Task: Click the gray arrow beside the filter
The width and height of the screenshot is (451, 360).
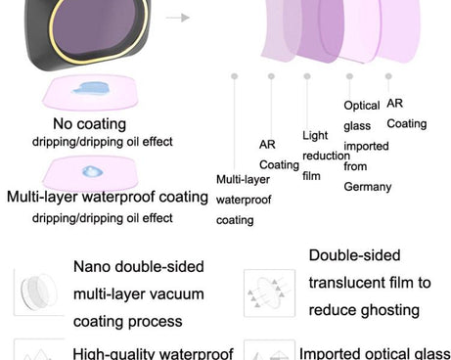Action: [178, 18]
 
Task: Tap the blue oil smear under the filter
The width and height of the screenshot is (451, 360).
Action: [91, 88]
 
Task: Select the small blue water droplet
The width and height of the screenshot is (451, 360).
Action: [92, 171]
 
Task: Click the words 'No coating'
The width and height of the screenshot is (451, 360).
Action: [90, 124]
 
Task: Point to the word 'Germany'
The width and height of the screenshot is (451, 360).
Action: [368, 187]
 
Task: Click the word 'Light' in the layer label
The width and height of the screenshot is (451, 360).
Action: [315, 135]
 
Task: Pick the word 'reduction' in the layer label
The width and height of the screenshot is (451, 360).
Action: [326, 156]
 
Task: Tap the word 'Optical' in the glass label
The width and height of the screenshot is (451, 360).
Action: [362, 106]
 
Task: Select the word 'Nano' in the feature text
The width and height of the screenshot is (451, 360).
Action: [92, 267]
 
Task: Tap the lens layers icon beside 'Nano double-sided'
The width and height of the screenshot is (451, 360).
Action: [38, 291]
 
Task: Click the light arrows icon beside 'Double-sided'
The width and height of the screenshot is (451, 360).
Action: [268, 292]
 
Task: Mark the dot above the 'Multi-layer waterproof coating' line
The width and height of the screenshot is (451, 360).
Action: [234, 76]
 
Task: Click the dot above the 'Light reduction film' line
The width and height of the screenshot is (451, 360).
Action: [307, 76]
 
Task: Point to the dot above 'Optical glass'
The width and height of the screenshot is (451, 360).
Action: [349, 76]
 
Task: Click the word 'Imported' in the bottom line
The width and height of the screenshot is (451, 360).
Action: [327, 353]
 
